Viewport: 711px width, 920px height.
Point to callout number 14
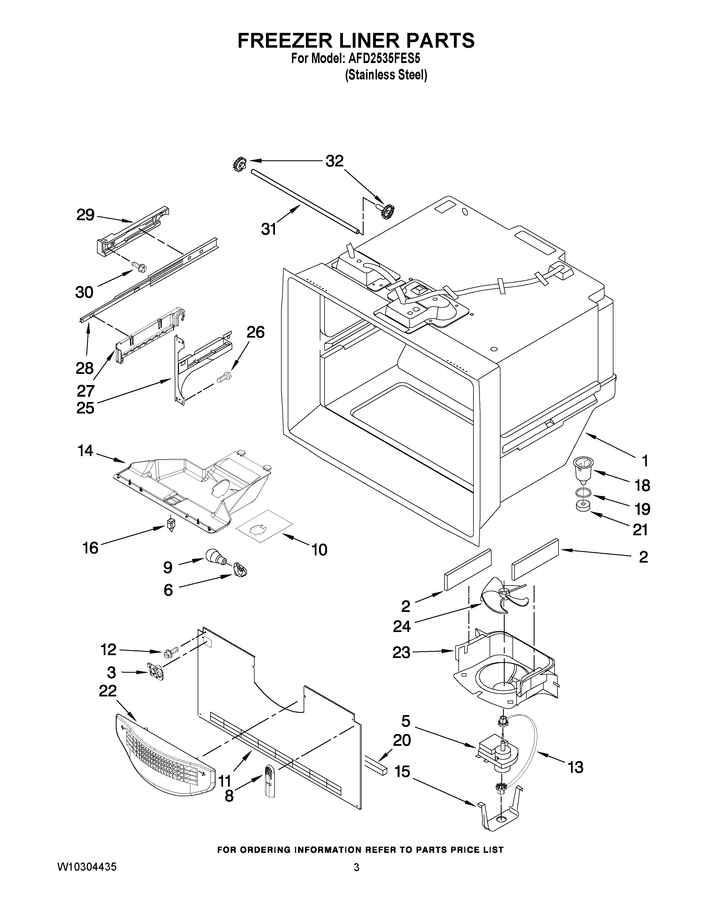86,451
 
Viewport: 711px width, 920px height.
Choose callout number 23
401,653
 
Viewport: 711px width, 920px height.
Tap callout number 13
575,767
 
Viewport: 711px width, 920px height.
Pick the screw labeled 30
139,266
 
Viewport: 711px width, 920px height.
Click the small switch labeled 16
170,524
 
